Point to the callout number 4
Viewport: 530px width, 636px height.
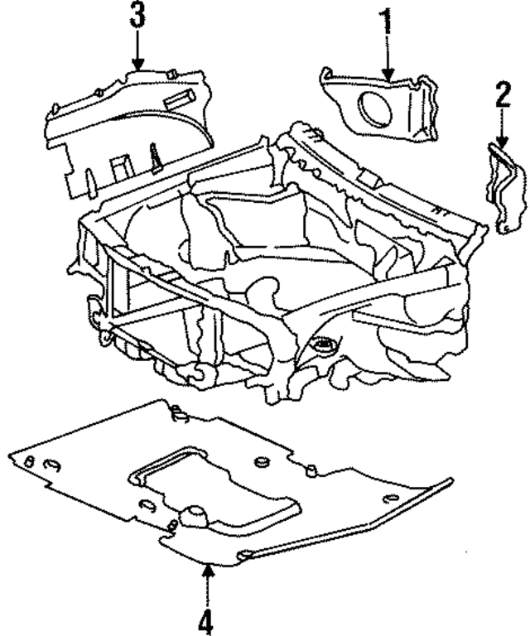(x=206, y=618)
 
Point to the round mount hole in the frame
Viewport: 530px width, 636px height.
(x=324, y=343)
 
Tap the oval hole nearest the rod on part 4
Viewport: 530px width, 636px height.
(x=245, y=553)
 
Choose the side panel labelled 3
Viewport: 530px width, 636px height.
(x=124, y=132)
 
